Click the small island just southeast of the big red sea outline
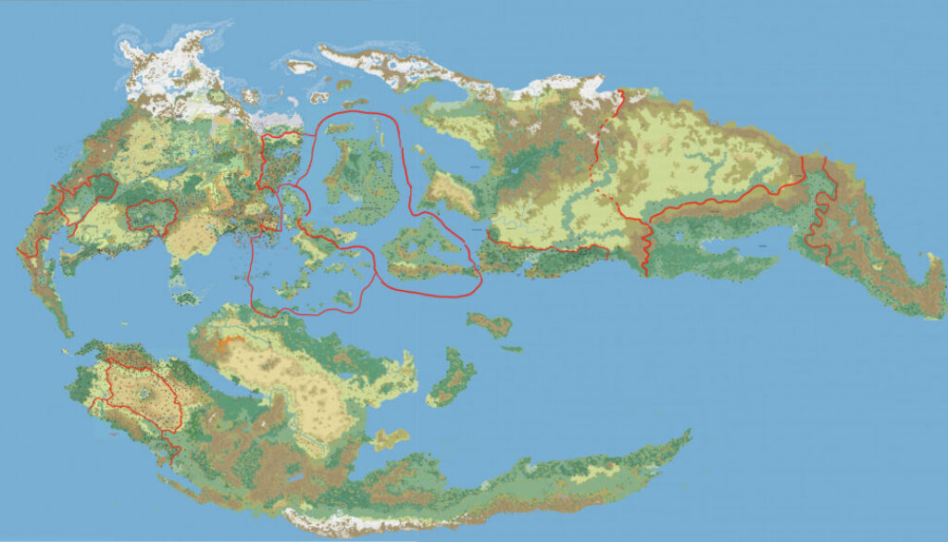pyautogui.click(x=491, y=324)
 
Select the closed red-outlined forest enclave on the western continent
pyautogui.click(x=151, y=214)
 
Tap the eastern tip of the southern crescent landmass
pyautogui.click(x=686, y=433)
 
